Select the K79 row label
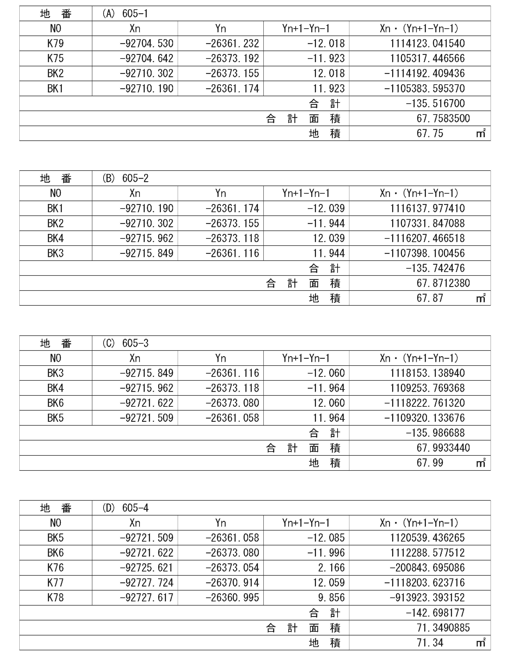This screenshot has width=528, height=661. coord(56,43)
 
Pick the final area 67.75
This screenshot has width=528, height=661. coord(430,133)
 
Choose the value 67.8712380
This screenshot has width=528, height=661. coord(443,283)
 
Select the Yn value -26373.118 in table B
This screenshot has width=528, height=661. coord(232,238)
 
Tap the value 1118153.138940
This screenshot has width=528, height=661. coord(427,373)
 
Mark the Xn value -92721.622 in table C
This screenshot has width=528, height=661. coord(146,403)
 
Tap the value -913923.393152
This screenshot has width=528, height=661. coord(427,598)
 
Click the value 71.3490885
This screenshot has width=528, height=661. coord(443,628)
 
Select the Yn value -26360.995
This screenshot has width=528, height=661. coord(232,598)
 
